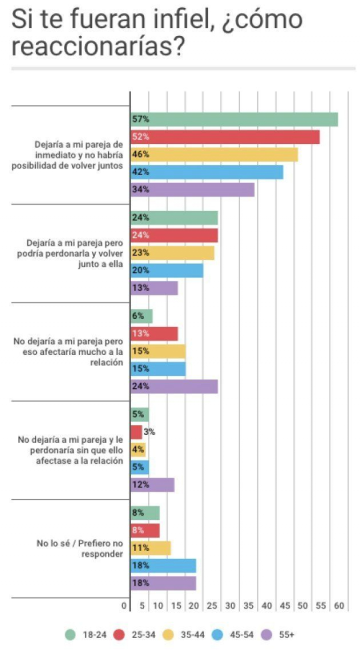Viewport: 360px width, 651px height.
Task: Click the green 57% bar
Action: click(234, 119)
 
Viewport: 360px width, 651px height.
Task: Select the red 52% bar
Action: click(225, 137)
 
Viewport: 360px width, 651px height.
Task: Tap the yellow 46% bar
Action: click(214, 154)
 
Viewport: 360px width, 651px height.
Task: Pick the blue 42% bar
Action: click(207, 172)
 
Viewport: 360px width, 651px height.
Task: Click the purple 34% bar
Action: click(192, 189)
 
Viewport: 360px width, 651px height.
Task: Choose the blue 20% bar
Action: click(167, 270)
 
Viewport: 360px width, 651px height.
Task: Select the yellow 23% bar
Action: click(172, 253)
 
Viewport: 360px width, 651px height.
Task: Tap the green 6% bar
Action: click(141, 316)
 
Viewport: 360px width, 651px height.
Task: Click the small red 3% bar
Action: click(136, 432)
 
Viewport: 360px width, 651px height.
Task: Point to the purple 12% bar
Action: click(152, 484)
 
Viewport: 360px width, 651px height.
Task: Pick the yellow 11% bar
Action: click(150, 548)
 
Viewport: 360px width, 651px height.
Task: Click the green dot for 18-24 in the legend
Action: click(70, 634)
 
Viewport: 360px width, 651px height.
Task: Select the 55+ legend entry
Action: click(280, 634)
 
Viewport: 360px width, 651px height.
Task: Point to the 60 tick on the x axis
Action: click(338, 606)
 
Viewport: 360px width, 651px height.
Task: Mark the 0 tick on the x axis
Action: click(124, 606)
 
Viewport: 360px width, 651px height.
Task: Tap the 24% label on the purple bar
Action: click(138, 386)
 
